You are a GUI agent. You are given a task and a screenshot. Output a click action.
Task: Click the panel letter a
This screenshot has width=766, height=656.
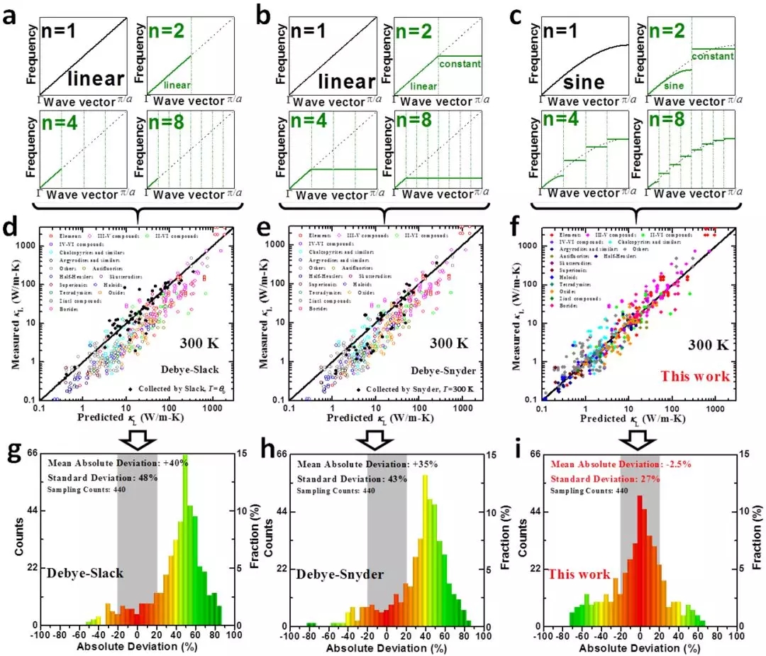[12, 15]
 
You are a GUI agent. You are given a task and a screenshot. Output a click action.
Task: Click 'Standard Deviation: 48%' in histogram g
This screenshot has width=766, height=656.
[103, 477]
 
